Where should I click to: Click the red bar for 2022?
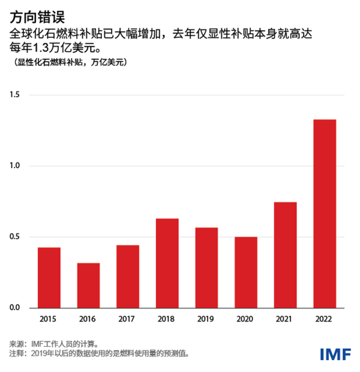point(325,214)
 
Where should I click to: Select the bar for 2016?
point(88,286)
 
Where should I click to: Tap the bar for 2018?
point(167,263)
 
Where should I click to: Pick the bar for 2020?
point(246,272)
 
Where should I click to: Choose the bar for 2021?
point(285,255)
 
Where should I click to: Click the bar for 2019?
point(206,268)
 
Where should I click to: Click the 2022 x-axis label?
point(325,319)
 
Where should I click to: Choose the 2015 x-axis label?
point(49,319)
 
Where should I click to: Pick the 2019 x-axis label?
point(206,319)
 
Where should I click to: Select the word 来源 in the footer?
point(17,344)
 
